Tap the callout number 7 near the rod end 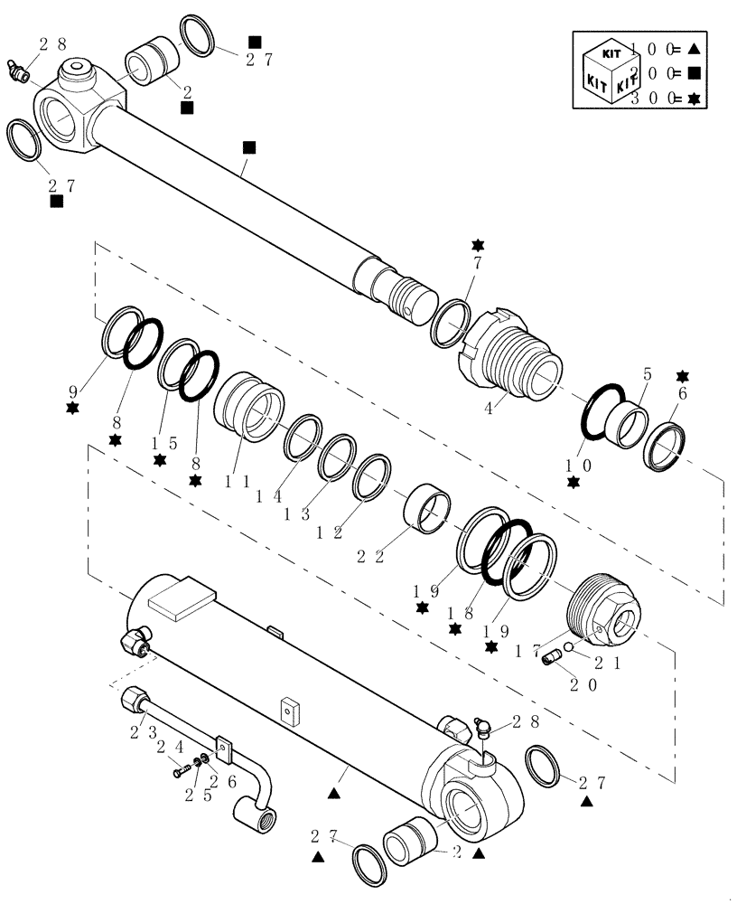[477, 262]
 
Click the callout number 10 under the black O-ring [573, 465]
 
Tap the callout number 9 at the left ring [72, 393]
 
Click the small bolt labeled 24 [182, 772]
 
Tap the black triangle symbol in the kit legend [695, 48]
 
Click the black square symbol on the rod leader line [249, 146]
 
